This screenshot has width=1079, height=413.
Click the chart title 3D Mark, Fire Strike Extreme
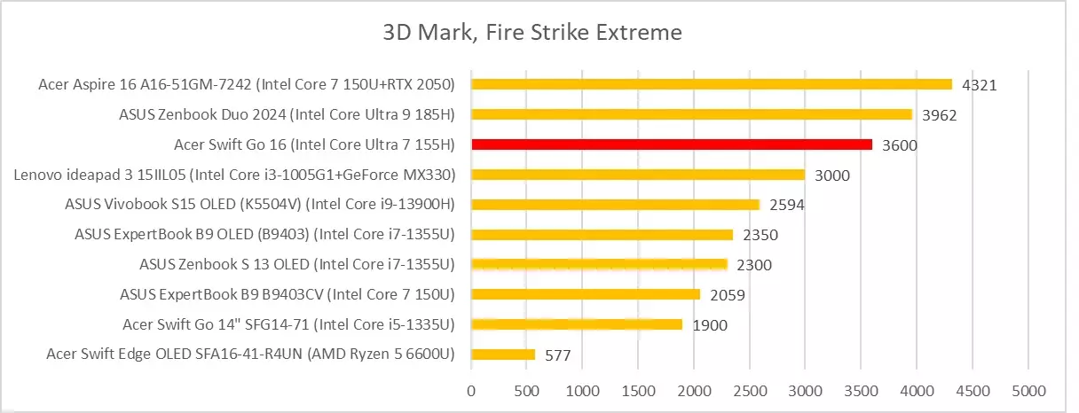coord(532,34)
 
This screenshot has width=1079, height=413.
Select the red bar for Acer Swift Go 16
coord(672,144)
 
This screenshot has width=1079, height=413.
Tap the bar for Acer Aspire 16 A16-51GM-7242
coord(711,84)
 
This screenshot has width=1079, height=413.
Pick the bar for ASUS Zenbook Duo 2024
coord(691,114)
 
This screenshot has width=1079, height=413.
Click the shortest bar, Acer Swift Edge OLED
coord(503,355)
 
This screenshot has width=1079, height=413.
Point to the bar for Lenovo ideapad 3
coord(638,175)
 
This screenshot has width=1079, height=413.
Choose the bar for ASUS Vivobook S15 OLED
coord(615,205)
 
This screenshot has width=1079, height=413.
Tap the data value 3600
coord(900,145)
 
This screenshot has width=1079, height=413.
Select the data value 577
coord(557,356)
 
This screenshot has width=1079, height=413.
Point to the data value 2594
coord(788,206)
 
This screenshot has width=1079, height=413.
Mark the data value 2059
coord(728,295)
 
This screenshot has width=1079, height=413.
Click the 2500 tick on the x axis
coord(749,390)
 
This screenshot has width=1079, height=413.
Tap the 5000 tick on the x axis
coord(1028,390)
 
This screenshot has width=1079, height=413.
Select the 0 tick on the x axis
coord(471,390)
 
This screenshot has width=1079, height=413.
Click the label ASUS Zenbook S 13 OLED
coord(296,264)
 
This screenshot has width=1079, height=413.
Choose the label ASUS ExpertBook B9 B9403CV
coord(287,294)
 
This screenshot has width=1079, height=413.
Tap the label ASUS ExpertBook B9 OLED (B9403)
coord(265,235)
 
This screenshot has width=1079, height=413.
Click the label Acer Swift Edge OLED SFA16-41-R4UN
coord(250,355)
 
